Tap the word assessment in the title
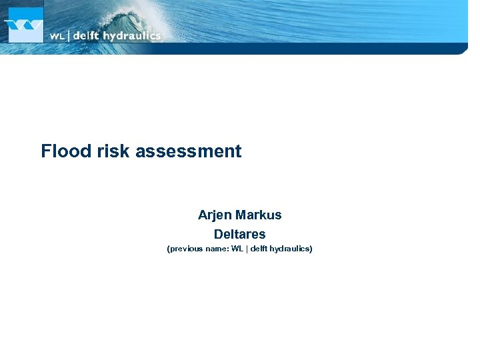[189, 151]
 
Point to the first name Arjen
[214, 215]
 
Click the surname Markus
[259, 215]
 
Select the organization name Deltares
[239, 235]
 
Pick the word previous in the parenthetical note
[186, 249]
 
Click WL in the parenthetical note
[237, 249]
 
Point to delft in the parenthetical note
[260, 249]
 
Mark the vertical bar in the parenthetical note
[247, 249]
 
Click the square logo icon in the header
[25, 25]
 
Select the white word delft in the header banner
[85, 36]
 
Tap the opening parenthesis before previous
[168, 249]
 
